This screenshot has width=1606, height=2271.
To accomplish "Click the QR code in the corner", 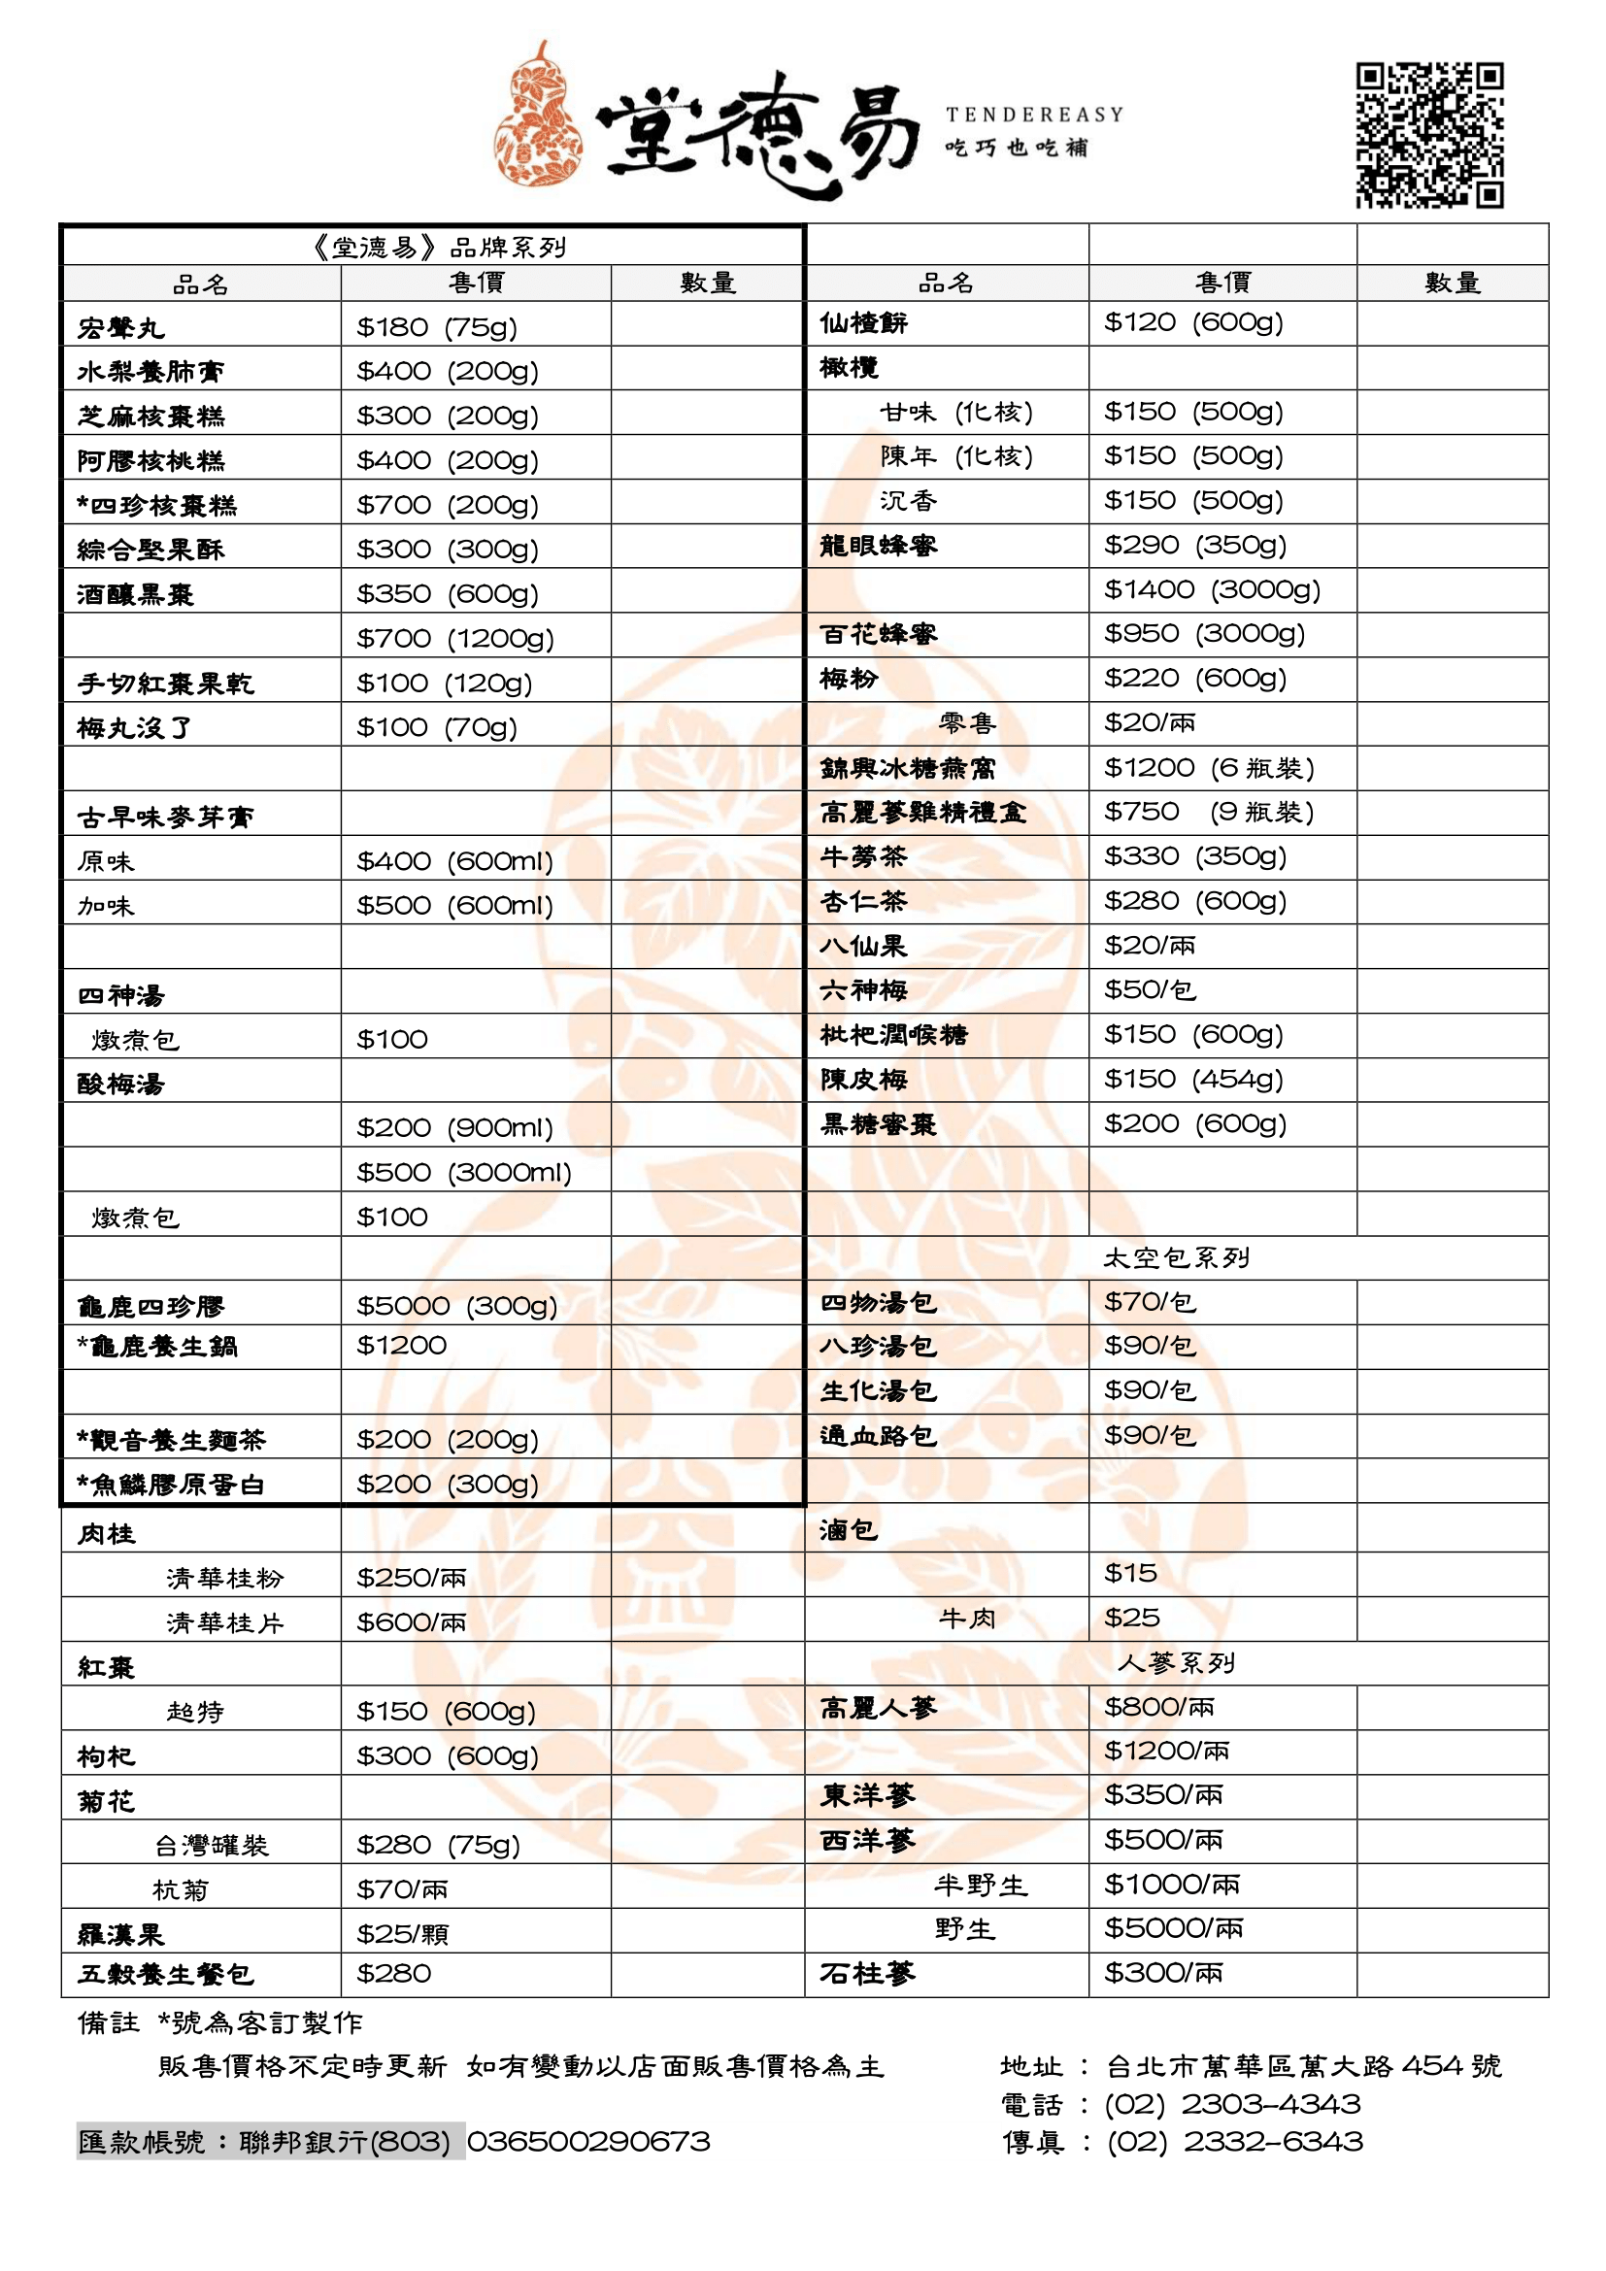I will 1429,136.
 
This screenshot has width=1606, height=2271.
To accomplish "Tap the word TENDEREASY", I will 1034,115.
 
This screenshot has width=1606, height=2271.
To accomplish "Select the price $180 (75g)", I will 437,326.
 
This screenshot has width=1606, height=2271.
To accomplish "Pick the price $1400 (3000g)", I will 1213,589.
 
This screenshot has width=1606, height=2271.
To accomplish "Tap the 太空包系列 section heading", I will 1176,1258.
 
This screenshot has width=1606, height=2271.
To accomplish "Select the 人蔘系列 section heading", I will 1176,1662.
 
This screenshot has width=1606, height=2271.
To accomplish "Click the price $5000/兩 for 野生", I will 1174,1928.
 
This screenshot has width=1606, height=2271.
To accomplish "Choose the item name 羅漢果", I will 120,1934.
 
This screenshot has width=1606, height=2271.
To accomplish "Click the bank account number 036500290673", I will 588,2142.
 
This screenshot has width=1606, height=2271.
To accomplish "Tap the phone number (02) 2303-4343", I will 1232,2104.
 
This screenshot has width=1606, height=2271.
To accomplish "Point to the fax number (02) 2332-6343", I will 1234,2142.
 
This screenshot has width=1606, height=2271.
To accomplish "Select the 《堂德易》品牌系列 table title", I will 439,247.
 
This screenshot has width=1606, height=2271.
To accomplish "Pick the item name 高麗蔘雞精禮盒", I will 922,812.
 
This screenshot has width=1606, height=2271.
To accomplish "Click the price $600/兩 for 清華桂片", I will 412,1622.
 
